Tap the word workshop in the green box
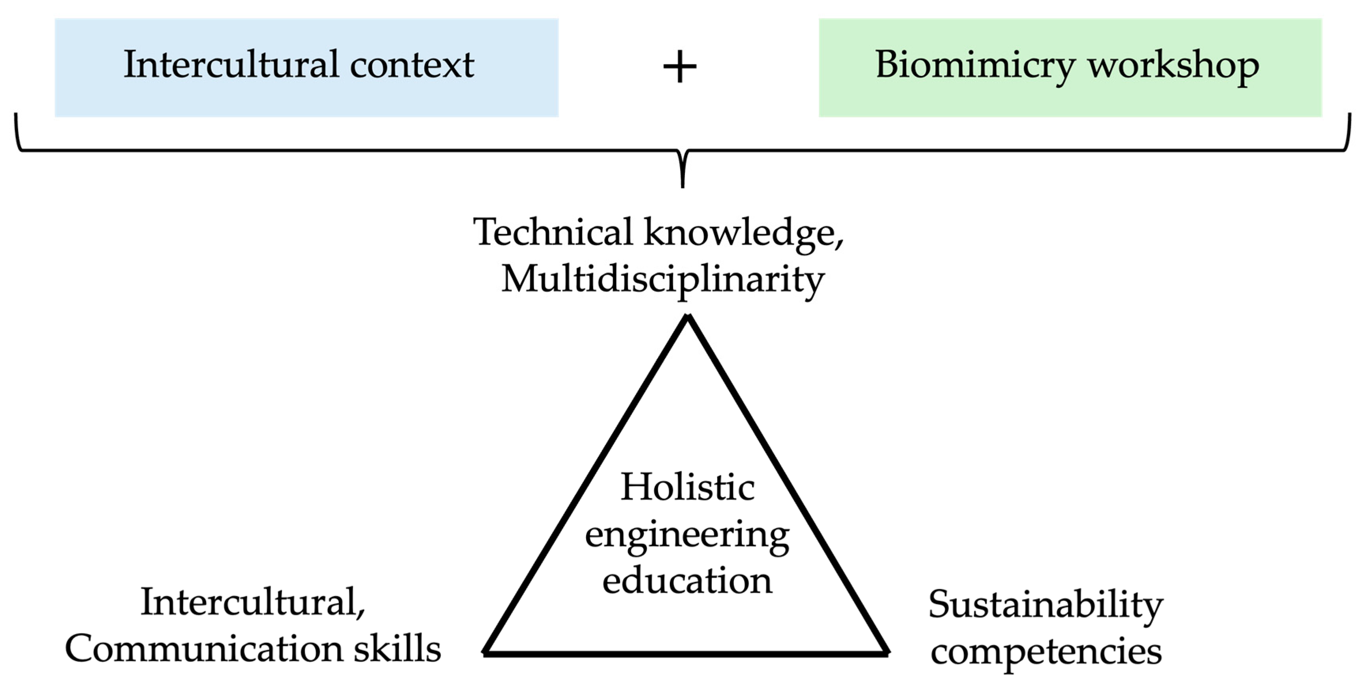point(1173,66)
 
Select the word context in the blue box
point(412,65)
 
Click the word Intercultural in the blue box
point(231,65)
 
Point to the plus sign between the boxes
point(680,68)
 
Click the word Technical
point(553,232)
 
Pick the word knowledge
point(743,234)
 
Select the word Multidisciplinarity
point(663,280)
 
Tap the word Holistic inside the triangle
point(688,487)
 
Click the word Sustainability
point(1045,605)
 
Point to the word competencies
point(1046,652)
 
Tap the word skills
point(397,649)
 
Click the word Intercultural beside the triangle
point(253,603)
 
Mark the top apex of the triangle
point(688,317)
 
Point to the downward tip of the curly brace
point(683,186)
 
